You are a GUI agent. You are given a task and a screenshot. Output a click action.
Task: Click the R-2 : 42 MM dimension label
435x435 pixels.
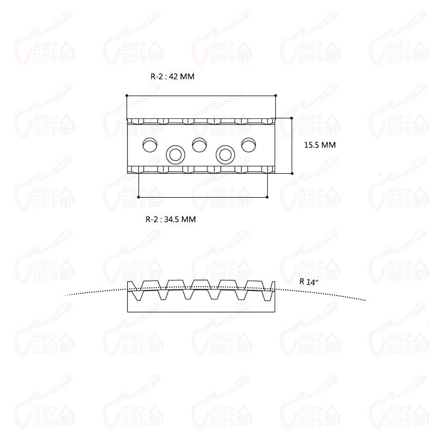pos(172,77)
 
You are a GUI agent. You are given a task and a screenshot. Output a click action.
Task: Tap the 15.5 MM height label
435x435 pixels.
pos(319,145)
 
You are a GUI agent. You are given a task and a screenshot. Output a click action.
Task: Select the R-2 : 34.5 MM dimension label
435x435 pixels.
pos(170,219)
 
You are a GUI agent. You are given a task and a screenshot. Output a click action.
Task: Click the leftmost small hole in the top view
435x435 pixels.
pos(149,144)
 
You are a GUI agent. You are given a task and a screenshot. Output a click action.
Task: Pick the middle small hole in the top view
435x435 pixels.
pos(199,144)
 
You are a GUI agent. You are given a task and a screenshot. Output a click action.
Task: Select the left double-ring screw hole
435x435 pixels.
pos(175,155)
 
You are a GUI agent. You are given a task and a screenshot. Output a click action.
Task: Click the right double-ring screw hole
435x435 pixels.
pos(224,155)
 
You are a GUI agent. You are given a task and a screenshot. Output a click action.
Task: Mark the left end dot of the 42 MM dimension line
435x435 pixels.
pos(127,96)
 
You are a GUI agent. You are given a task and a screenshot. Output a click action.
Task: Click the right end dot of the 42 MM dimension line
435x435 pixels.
pos(276,96)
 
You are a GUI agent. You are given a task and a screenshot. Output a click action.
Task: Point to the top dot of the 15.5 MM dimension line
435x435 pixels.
pos(292,117)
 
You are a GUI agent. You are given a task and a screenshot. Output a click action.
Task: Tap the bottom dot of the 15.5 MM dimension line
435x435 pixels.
pos(292,173)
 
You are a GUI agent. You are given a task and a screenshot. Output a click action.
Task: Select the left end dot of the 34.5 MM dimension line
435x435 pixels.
pos(139,197)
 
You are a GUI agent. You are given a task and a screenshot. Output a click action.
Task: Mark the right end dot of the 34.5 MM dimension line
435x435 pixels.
pos(267,197)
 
